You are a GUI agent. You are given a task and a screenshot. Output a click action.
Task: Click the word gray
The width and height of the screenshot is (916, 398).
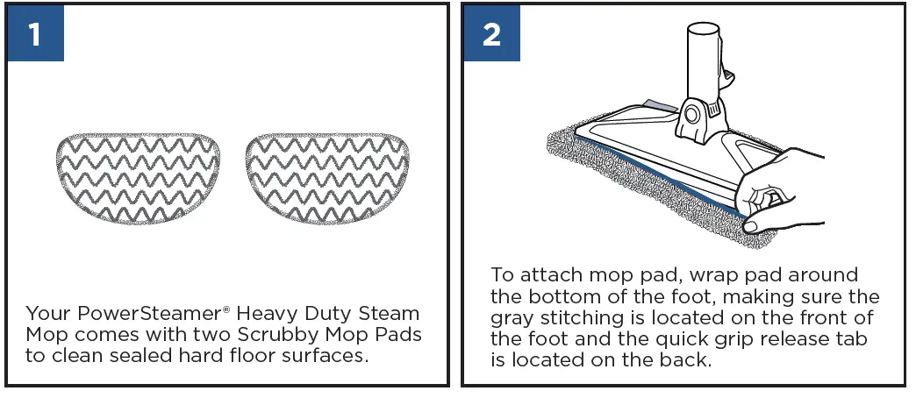[x=512, y=317]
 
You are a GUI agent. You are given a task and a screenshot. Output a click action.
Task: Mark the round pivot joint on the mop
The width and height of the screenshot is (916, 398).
[x=693, y=115]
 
